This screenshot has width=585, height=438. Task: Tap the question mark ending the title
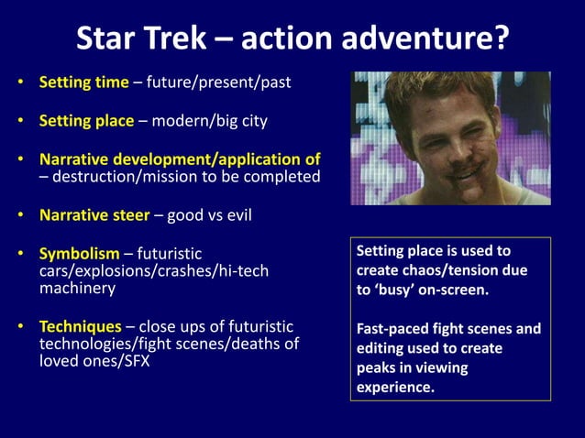pos(499,38)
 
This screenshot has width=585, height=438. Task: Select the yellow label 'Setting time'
pos(83,82)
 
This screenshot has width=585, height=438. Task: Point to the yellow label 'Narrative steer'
pos(94,216)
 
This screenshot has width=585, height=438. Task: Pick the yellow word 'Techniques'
pos(80,326)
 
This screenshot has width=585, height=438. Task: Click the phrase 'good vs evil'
pos(209,216)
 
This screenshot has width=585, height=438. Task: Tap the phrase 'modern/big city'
pos(208,121)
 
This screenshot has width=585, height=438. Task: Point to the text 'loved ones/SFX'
pos(94,360)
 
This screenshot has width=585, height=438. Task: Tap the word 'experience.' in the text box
pos(395,388)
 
